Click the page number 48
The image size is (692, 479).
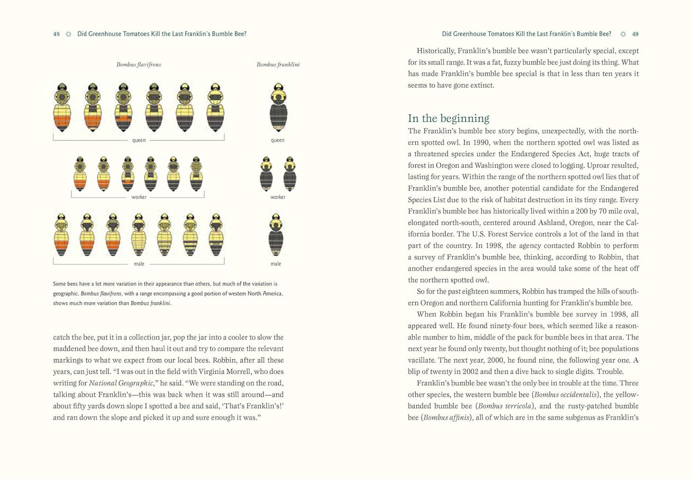coord(57,34)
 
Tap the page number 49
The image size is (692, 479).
coord(635,34)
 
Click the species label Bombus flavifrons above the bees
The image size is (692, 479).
coord(138,65)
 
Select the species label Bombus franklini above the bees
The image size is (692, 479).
coord(278,65)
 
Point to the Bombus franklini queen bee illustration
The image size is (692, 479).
coord(278,108)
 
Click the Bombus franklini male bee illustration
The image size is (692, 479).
coord(276,235)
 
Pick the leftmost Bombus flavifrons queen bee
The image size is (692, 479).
coord(62,108)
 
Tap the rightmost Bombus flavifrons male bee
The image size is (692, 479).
coord(216,235)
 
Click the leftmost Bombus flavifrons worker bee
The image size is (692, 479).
coord(80,174)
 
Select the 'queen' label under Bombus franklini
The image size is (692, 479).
coord(278,140)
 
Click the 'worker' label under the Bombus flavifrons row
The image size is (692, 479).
coord(139,197)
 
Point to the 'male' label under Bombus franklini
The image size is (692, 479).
coord(276,264)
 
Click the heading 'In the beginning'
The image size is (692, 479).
coord(448,118)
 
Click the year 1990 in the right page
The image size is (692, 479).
coord(481,142)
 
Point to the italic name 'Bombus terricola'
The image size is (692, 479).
coord(504,406)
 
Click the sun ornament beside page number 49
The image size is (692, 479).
coord(623,34)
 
